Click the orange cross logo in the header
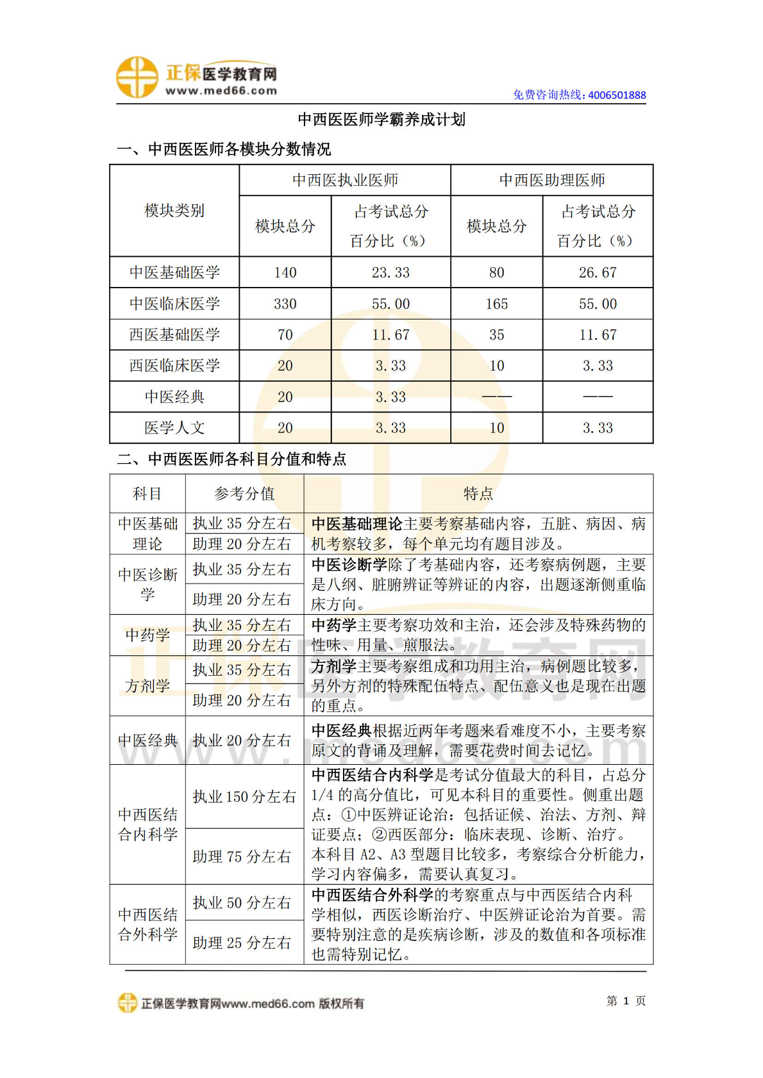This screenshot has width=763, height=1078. click(137, 78)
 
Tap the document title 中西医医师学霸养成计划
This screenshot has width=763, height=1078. click(382, 120)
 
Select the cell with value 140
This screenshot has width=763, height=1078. click(285, 273)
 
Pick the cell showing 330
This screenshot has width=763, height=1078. click(285, 304)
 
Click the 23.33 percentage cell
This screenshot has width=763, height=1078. click(390, 273)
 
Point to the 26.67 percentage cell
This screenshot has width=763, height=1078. click(598, 273)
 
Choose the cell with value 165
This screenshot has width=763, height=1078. click(496, 304)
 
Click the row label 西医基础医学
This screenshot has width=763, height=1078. click(174, 335)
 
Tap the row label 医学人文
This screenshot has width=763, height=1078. click(174, 428)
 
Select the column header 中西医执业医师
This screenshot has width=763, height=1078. click(345, 181)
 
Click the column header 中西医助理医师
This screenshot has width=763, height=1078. click(552, 181)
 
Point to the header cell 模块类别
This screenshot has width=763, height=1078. click(174, 211)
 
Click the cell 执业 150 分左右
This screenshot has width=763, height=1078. click(244, 797)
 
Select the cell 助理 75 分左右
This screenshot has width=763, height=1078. click(242, 856)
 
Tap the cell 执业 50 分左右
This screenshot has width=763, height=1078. click(242, 902)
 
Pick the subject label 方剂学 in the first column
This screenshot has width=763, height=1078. click(147, 686)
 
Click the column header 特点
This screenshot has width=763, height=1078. click(478, 494)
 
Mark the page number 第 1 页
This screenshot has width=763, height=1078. click(626, 1001)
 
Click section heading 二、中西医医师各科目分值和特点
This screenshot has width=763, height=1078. click(231, 459)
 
